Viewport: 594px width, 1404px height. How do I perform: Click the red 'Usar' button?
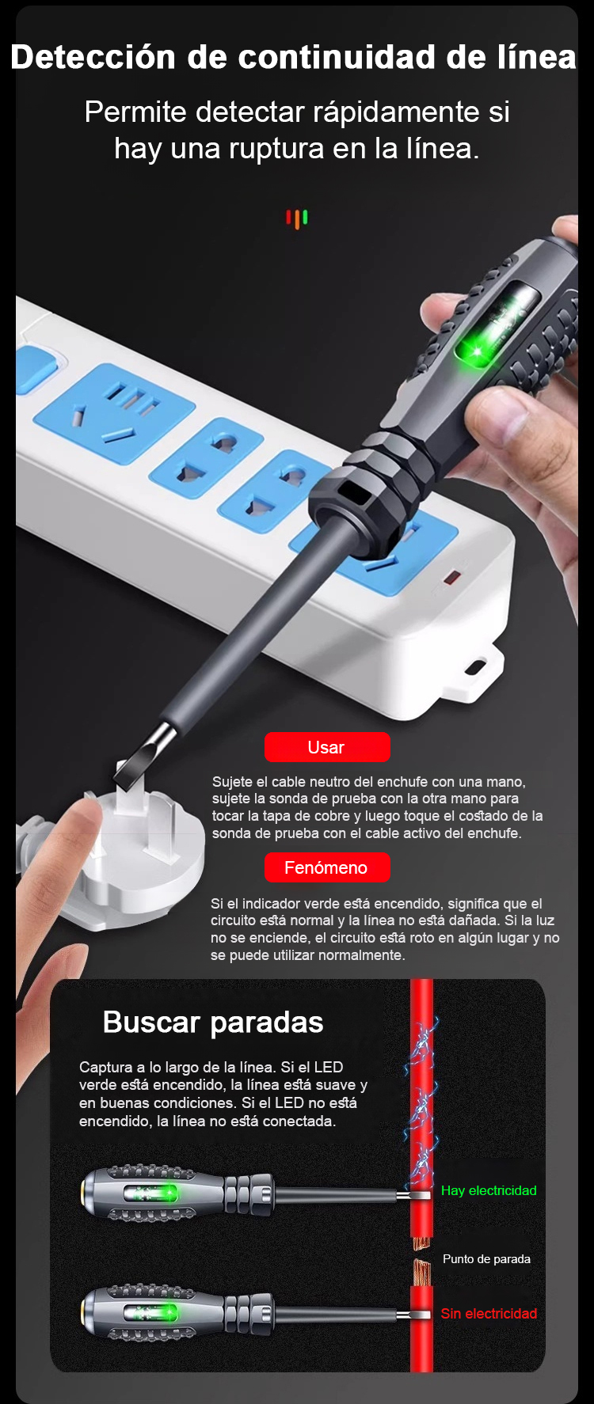[x=327, y=747]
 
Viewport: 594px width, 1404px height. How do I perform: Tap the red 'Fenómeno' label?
[x=327, y=867]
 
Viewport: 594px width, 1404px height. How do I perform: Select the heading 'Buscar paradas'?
[x=213, y=1023]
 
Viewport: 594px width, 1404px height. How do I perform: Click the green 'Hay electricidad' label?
[x=489, y=1190]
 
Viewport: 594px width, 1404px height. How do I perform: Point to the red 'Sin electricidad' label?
[x=489, y=1313]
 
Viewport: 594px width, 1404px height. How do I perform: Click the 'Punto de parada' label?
[x=486, y=1258]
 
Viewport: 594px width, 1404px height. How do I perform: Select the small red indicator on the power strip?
[x=451, y=577]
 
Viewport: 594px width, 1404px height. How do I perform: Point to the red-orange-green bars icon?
[x=297, y=218]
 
